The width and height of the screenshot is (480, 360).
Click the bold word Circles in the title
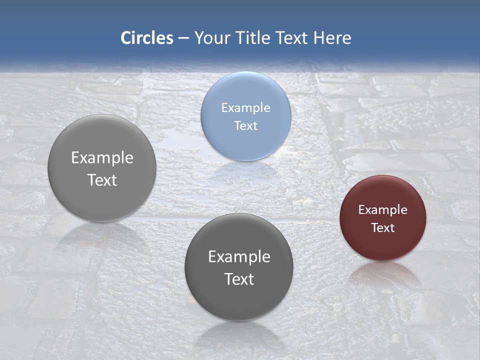coord(146,38)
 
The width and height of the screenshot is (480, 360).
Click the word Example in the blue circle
coord(245,108)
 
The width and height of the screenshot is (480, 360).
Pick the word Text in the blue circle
coord(245,126)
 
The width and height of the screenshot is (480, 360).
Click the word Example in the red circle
coord(382,210)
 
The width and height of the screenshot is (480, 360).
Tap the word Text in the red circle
coord(382,228)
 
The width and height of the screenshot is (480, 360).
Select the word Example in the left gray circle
coord(102,158)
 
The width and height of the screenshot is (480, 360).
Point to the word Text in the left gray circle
coord(102,180)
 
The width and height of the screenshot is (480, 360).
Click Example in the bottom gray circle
coord(239,257)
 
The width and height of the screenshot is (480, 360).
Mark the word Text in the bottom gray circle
coord(239,279)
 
